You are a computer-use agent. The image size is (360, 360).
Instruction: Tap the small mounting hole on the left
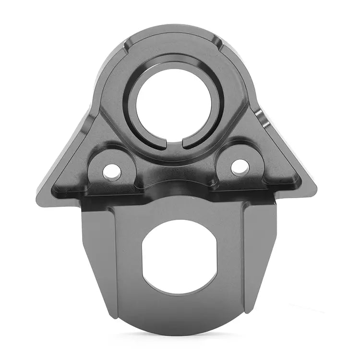point(112,171)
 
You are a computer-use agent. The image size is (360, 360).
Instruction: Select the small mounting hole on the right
point(240,167)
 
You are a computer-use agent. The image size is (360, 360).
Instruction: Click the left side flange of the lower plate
point(98,259)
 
